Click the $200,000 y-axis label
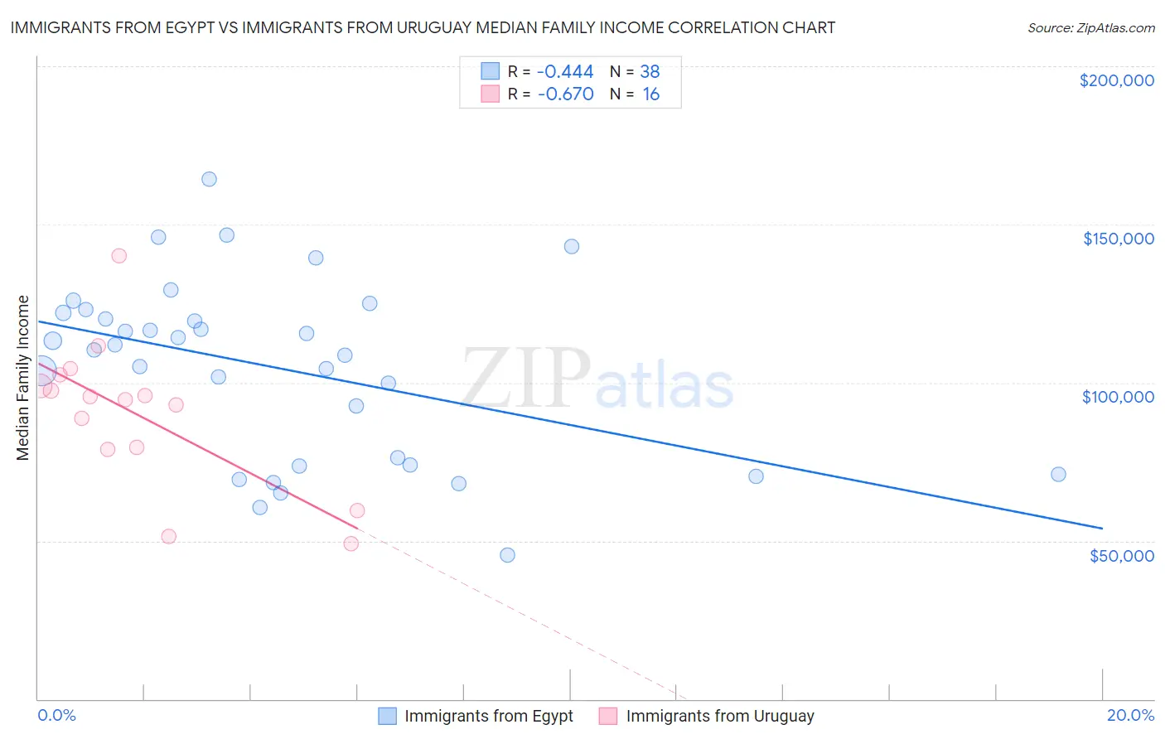tap(1116, 80)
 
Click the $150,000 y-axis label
tap(1118, 239)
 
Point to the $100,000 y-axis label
tap(1118, 397)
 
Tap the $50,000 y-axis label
tap(1121, 555)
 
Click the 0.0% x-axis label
tap(56, 715)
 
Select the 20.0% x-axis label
tap(1130, 715)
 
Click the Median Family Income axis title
tap(23, 378)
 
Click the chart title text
tap(423, 27)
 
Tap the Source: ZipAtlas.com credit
tap(1090, 27)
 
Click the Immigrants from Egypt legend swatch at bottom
tap(387, 716)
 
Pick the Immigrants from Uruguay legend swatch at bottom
tap(608, 716)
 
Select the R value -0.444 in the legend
tap(565, 72)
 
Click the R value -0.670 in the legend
tap(565, 94)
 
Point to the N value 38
tap(650, 72)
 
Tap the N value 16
tap(651, 94)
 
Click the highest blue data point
tap(209, 179)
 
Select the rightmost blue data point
tap(1058, 475)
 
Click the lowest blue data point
tap(507, 555)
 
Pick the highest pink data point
tap(118, 256)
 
